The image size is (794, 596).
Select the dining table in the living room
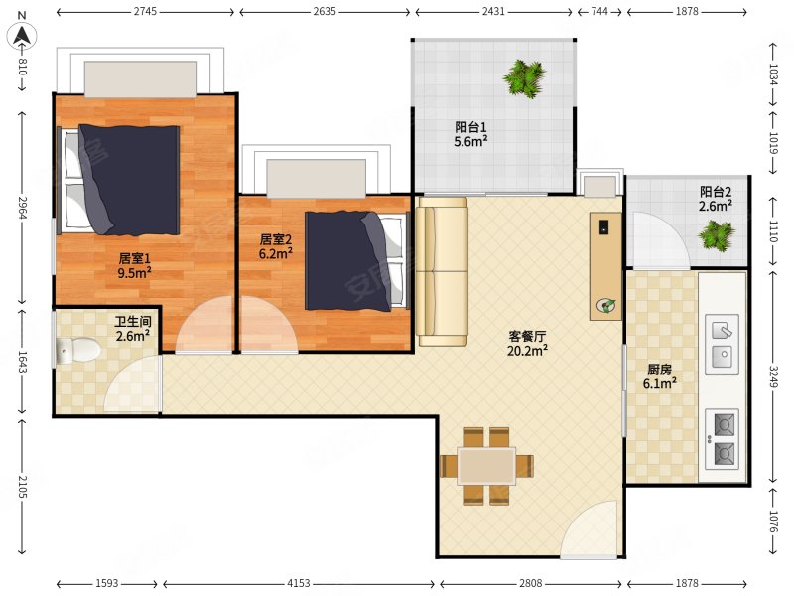click(486, 465)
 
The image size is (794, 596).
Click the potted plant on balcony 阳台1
click(525, 78)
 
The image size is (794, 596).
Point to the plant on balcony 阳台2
click(716, 235)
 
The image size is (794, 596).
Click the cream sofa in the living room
click(442, 271)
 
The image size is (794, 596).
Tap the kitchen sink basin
click(723, 345)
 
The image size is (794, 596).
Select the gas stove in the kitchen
click(723, 439)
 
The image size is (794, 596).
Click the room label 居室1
click(134, 258)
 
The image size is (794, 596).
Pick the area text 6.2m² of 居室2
click(276, 253)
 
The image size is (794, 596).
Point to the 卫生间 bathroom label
click(133, 321)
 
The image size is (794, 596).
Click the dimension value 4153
click(299, 583)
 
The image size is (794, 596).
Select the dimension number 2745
click(145, 11)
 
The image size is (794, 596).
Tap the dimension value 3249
click(773, 376)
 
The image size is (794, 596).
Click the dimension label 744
click(599, 11)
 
